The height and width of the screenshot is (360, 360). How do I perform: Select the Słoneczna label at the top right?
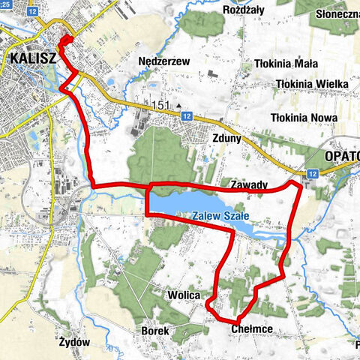pyautogui.click(x=338, y=14)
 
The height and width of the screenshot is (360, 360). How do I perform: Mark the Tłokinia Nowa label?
pyautogui.click(x=304, y=118)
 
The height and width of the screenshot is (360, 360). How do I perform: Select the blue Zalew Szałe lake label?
pyautogui.click(x=220, y=218)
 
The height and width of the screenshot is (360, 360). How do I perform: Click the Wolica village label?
pyautogui.click(x=184, y=295)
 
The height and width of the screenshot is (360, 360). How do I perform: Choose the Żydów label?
pyautogui.click(x=74, y=342)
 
